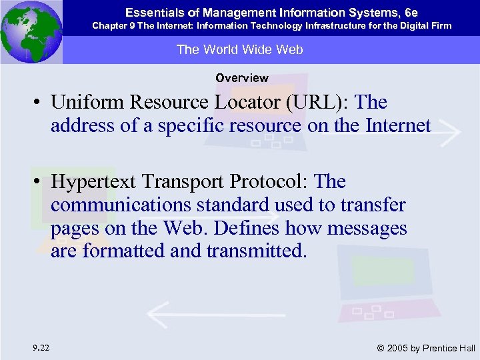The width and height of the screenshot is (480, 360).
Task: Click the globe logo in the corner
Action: pos(31,31)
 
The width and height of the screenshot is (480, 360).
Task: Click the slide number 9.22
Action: pos(41,347)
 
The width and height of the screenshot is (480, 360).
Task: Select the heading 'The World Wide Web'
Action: pos(239,50)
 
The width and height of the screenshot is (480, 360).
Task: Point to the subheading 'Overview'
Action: pos(241,78)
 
